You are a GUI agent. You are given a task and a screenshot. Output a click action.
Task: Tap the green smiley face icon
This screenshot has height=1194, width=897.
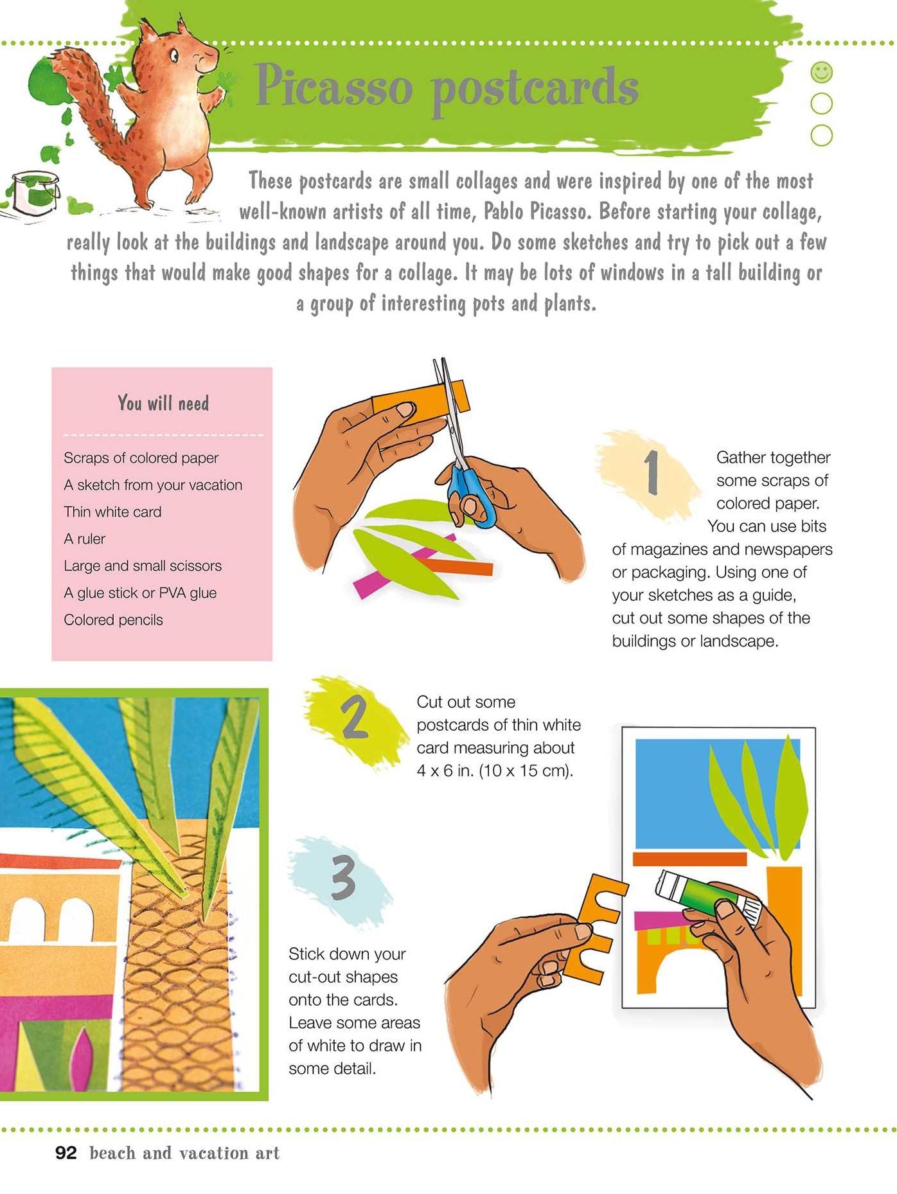coord(822,72)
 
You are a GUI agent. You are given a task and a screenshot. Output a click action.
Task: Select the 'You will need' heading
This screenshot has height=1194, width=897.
coord(163,403)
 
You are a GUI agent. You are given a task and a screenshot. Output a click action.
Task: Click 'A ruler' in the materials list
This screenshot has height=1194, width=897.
coord(84,539)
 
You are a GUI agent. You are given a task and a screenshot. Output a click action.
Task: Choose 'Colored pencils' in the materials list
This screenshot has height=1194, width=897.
coord(113,620)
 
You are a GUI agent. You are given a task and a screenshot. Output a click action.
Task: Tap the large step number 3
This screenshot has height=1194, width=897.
coord(343,878)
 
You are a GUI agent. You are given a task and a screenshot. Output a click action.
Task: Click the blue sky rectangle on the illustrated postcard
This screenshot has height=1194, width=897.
coord(718,793)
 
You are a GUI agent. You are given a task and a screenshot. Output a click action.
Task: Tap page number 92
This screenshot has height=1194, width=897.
coord(66,1153)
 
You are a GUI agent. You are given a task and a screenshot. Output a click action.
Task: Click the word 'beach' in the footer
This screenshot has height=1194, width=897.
coord(113,1153)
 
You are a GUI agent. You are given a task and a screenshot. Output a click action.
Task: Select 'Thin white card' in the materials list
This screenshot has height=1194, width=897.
coord(112,512)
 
